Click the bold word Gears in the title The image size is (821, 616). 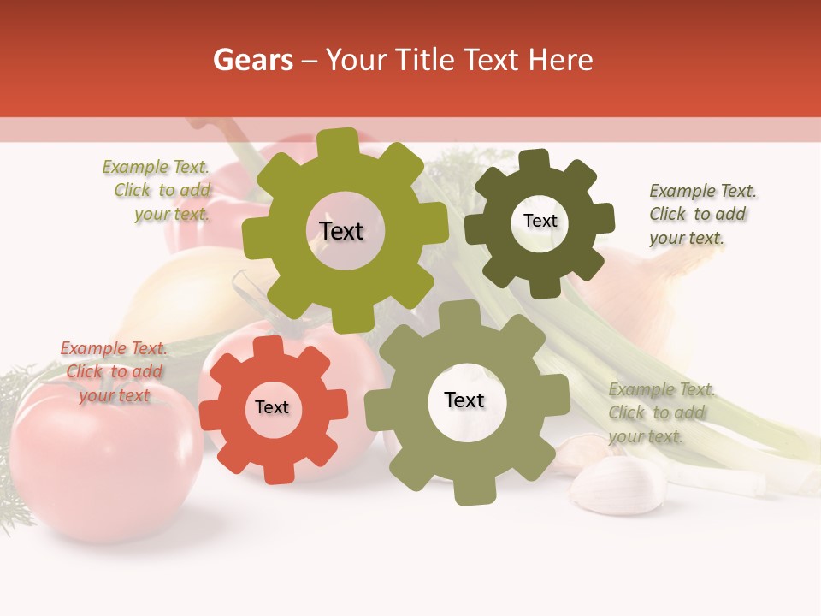pyautogui.click(x=252, y=60)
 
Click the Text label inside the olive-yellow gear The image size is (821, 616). pyautogui.click(x=341, y=231)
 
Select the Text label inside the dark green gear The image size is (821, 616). pyautogui.click(x=540, y=221)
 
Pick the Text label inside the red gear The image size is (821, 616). pyautogui.click(x=272, y=407)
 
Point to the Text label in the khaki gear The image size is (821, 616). pyautogui.click(x=464, y=400)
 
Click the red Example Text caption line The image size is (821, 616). pyautogui.click(x=114, y=348)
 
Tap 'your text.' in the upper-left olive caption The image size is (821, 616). pyautogui.click(x=172, y=214)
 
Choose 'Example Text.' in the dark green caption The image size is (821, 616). pyautogui.click(x=703, y=191)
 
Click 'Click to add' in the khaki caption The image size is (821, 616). pyautogui.click(x=657, y=412)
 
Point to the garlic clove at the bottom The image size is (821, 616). pyautogui.click(x=618, y=487)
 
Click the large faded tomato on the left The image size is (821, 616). pyautogui.click(x=103, y=462)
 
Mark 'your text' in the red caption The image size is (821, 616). pyautogui.click(x=115, y=395)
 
